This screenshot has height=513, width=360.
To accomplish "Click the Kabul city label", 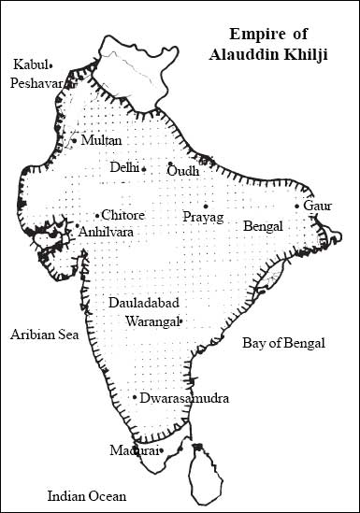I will coord(30,64).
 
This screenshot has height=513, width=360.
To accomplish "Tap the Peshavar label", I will coord(36,82).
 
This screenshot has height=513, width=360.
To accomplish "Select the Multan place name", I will coord(102,140).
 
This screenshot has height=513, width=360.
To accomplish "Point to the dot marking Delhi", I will coord(144,169).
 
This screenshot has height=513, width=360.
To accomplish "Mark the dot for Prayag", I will coord(207,207).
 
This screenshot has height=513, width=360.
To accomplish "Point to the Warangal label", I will coord(150,321).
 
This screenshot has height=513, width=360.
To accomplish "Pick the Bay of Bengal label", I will coord(283,343).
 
